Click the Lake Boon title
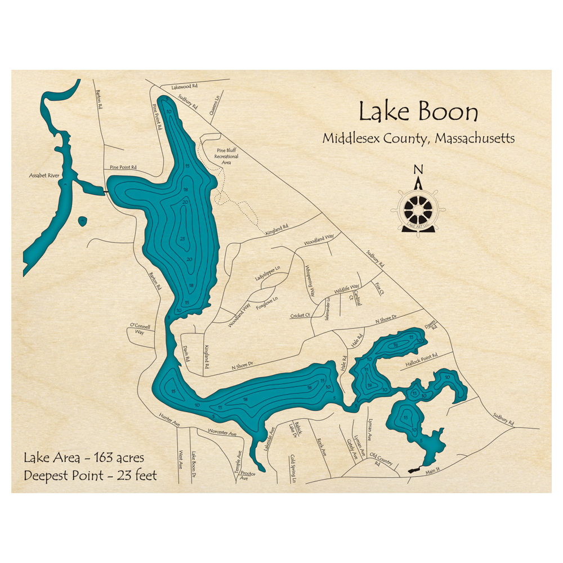418,112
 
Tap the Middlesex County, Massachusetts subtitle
418,138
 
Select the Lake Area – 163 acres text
84,457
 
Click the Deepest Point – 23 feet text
90,475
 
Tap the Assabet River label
44,176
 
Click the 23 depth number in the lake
182,239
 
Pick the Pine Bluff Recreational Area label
227,156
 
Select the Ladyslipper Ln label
267,274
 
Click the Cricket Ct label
301,316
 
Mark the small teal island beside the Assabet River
82,220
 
